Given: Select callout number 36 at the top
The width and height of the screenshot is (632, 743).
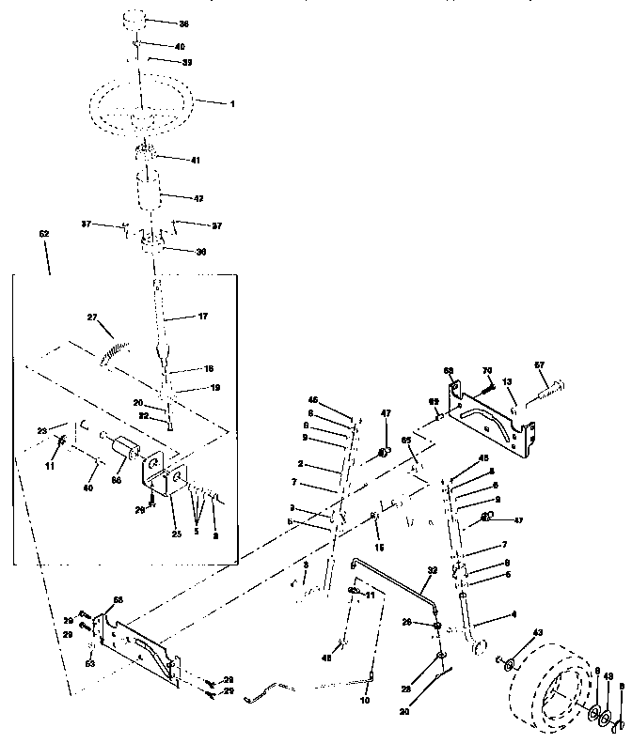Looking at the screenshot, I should click(x=183, y=23).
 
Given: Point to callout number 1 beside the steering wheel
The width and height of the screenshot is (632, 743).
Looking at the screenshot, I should click(x=231, y=102).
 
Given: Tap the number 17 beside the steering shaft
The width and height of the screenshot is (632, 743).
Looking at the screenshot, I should click(x=202, y=317).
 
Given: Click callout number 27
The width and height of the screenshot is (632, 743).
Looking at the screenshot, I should click(x=92, y=318).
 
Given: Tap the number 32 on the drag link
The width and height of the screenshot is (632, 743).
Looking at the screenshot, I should click(x=432, y=570).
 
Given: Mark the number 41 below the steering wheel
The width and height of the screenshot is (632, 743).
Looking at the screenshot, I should click(x=196, y=161).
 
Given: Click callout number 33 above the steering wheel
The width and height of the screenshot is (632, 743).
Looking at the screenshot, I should click(x=186, y=62).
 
